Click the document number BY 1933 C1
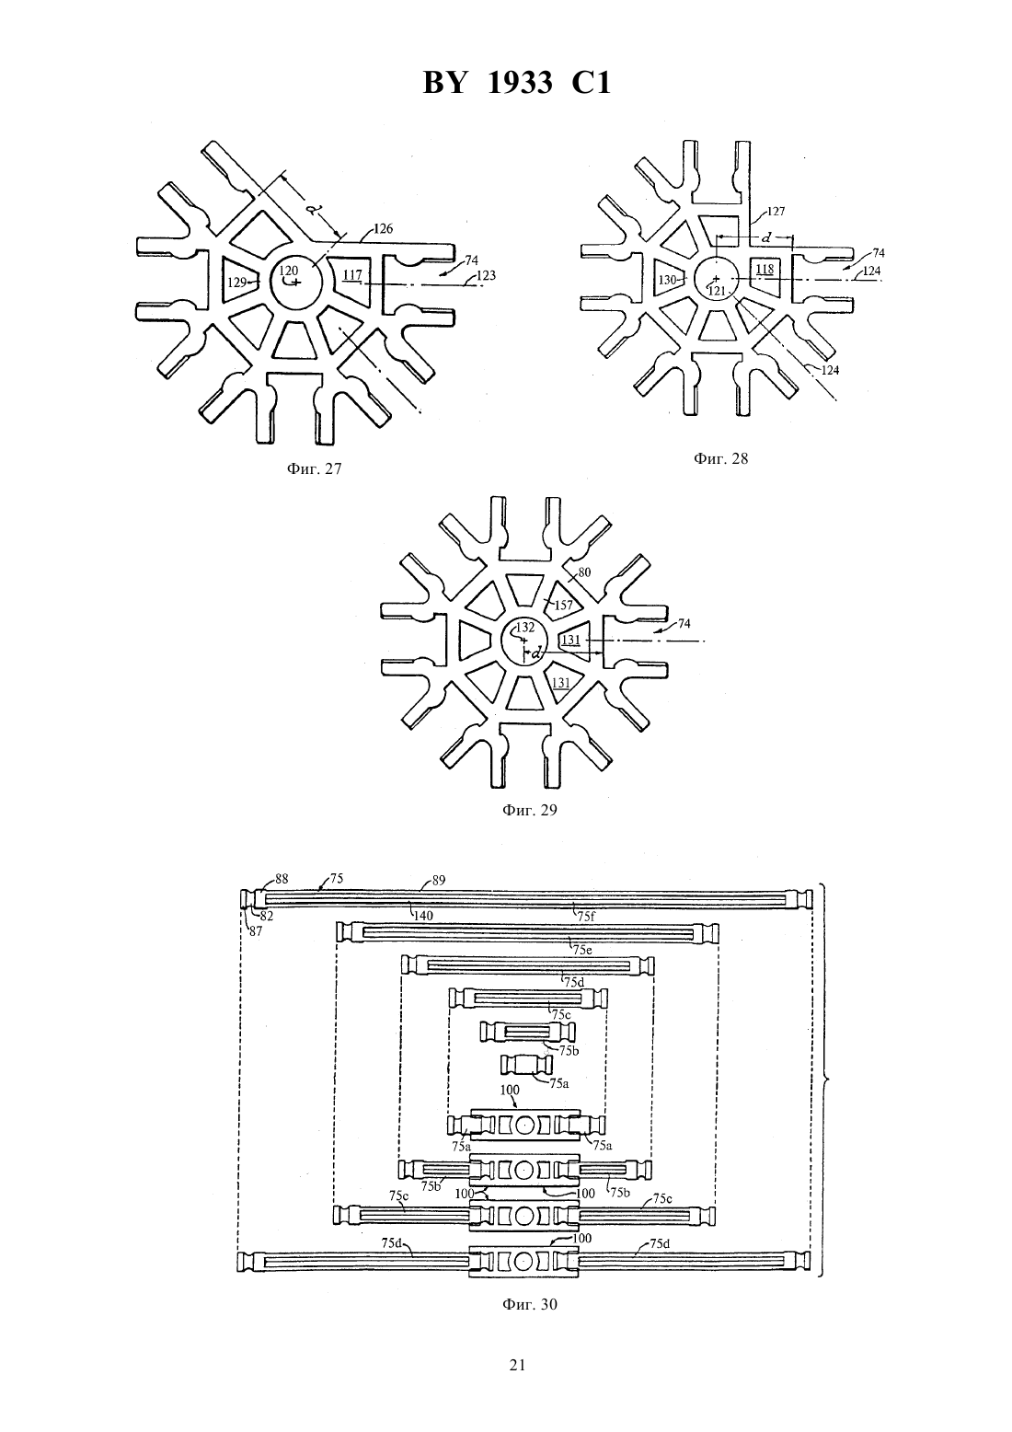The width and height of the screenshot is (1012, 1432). coord(517,83)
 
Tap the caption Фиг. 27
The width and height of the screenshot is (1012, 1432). coord(314,468)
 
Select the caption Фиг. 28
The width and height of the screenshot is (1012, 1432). coord(720,458)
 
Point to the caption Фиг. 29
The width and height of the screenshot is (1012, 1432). coord(530,810)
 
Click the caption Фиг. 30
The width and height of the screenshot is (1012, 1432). coord(530,1304)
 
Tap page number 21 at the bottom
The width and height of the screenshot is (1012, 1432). coord(517,1365)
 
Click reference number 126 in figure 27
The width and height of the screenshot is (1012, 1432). coord(384,228)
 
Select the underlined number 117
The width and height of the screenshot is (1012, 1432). coord(352,275)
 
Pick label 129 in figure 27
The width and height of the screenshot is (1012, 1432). coord(236,282)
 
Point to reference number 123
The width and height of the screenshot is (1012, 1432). coord(486,276)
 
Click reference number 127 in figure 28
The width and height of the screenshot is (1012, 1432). coord(776,212)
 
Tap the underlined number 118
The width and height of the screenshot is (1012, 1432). coord(765,269)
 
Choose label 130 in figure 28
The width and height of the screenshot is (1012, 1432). coord(668,280)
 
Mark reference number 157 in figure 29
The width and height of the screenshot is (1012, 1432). coord(563,605)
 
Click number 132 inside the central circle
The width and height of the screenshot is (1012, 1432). coord(525,627)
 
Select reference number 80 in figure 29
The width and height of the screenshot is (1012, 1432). coord(584,572)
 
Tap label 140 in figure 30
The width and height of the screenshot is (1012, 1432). coord(423,916)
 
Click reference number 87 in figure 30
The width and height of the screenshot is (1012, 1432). coord(256,931)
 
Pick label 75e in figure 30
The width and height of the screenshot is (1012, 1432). coord(582,950)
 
